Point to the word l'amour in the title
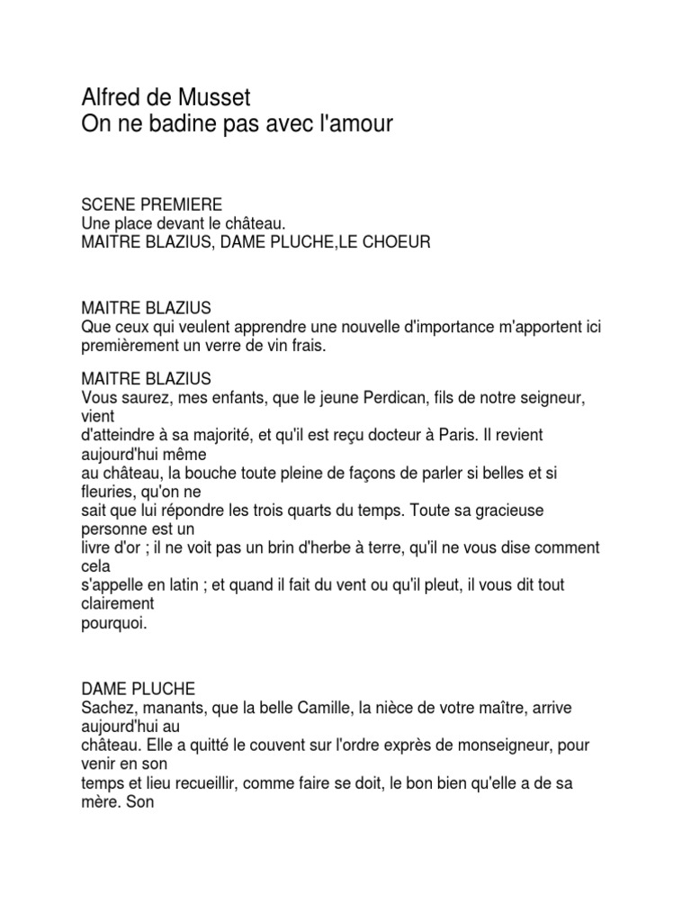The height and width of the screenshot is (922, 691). [x=348, y=123]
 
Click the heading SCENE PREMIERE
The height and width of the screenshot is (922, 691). [x=151, y=205]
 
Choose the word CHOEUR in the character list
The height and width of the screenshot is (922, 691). [x=393, y=243]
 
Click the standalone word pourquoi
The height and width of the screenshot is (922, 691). [x=113, y=623]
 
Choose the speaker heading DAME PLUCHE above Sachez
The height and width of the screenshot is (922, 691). [x=138, y=690]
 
